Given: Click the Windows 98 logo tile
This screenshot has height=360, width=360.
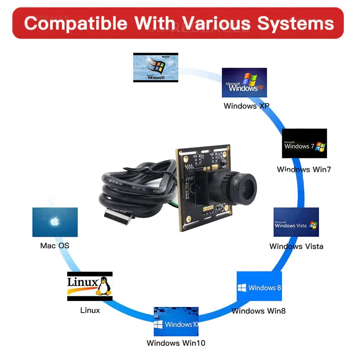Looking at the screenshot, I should pos(156,67).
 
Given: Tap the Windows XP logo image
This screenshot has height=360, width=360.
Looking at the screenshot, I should pos(244,82).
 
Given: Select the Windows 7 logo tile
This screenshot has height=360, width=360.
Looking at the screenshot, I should pos(304,143).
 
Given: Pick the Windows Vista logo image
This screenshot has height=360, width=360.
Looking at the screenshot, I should pos(296,222).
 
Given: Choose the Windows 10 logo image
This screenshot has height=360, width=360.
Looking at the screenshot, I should pos(176,321).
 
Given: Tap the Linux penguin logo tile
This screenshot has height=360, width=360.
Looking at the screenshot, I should pos(90,286).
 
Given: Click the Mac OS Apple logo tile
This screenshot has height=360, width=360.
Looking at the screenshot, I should pos(55,222).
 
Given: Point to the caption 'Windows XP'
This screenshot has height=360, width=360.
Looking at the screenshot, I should pos(246,106).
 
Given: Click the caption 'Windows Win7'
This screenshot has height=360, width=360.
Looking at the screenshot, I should pos(303,169).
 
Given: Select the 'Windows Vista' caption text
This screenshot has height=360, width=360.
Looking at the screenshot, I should pos(296,246).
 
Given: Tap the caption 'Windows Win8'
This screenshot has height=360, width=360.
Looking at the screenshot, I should pos(258,311).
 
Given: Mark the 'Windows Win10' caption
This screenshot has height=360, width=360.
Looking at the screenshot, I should pos(176,343).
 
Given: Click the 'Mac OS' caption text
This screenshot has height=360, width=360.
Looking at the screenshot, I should pos(55,246).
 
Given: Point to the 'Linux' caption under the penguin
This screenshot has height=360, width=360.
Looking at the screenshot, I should pos(90,310).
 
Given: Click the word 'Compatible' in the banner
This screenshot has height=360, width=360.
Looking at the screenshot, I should pos(76,23).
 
